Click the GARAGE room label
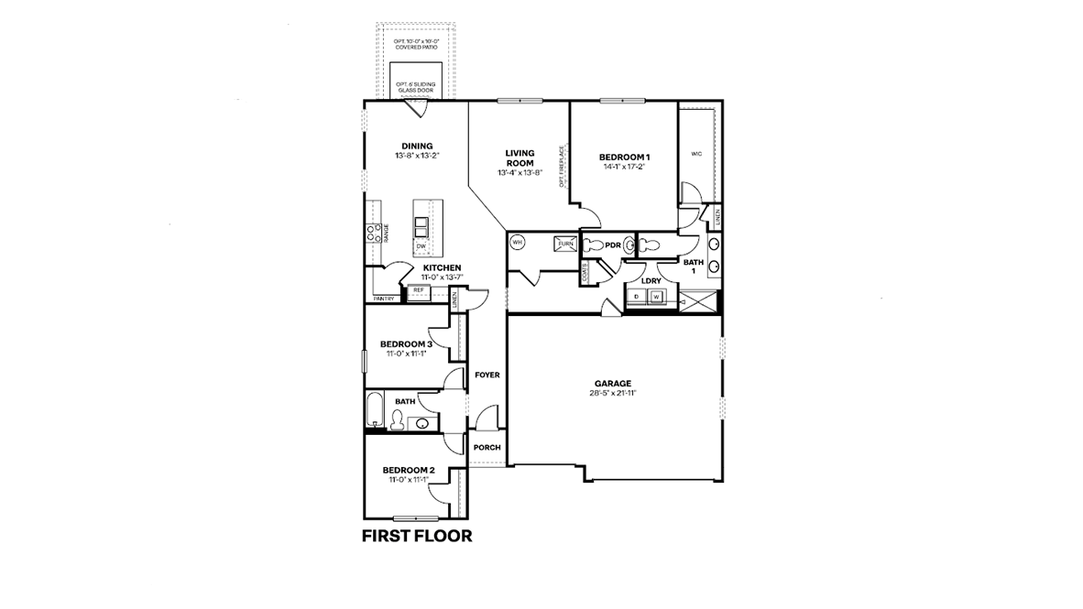tap(613, 383)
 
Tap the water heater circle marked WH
tap(517, 243)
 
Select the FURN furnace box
tap(565, 244)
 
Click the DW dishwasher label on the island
tap(421, 246)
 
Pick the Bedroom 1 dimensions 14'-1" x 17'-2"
tap(624, 167)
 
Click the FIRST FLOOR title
tap(417, 536)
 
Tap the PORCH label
tap(487, 448)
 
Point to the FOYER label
tap(487, 375)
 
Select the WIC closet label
tap(696, 153)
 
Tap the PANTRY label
tap(384, 299)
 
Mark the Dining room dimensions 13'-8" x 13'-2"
tap(417, 156)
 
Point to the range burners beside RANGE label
tap(374, 233)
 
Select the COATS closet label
tap(584, 272)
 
